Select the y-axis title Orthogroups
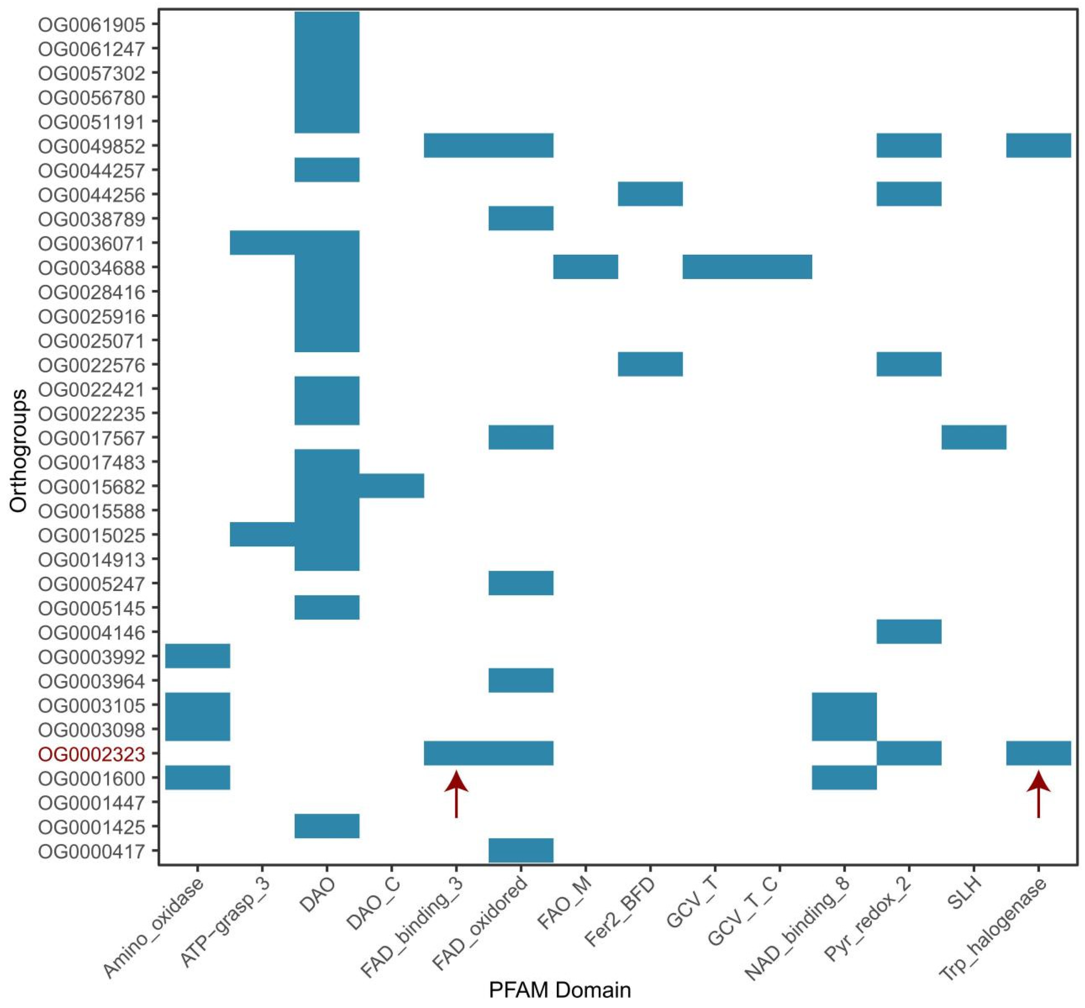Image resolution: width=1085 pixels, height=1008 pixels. pyautogui.click(x=19, y=450)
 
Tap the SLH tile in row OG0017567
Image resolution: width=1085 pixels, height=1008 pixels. pyautogui.click(x=974, y=437)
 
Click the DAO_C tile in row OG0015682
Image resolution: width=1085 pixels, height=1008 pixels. pyautogui.click(x=392, y=486)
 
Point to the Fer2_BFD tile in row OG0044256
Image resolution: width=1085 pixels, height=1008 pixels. pyautogui.click(x=650, y=194)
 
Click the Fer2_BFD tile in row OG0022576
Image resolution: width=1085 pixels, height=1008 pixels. pyautogui.click(x=650, y=364)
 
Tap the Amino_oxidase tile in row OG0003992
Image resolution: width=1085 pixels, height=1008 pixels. pyautogui.click(x=198, y=656)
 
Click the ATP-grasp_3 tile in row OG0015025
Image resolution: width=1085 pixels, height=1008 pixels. pyautogui.click(x=262, y=535)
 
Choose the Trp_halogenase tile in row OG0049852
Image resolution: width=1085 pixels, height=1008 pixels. pyautogui.click(x=1038, y=146)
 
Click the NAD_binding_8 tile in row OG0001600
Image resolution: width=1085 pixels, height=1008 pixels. pyautogui.click(x=844, y=778)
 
